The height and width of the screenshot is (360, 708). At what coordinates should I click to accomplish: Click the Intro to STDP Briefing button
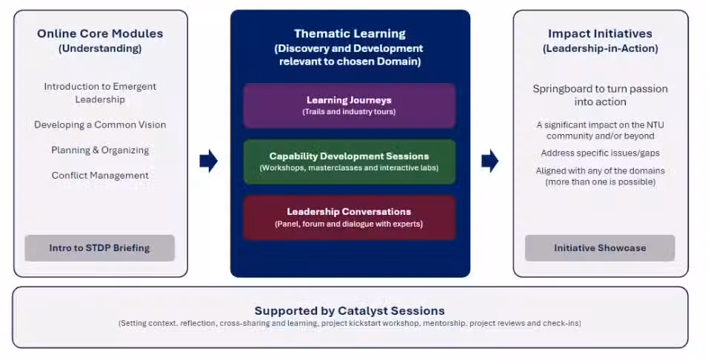pos(100,248)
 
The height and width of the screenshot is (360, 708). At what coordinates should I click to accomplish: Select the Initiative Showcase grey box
pos(600,248)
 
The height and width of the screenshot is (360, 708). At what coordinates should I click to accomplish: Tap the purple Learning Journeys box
pos(349,105)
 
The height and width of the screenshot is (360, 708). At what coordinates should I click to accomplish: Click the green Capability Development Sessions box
pos(349,161)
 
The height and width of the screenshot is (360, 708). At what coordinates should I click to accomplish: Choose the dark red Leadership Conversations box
pos(349,217)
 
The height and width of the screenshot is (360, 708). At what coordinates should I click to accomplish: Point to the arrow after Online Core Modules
pos(209,161)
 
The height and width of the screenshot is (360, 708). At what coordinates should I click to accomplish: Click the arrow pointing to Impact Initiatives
pos(490,161)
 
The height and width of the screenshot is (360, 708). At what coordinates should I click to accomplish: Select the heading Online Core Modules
pos(100,33)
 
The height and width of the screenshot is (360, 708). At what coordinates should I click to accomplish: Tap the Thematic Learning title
pos(350,33)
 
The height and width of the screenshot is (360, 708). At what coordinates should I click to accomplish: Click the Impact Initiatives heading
pos(600,33)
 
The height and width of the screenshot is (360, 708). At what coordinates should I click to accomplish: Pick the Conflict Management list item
pos(100,176)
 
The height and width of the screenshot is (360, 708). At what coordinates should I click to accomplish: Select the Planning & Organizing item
pos(100,150)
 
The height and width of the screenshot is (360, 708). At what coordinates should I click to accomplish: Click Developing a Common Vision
pos(100,124)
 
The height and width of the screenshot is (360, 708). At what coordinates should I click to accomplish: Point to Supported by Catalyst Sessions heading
pos(350,311)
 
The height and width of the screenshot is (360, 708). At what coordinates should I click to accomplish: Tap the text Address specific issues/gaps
pos(600,153)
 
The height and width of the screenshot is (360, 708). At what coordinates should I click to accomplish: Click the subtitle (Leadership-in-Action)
pos(600,48)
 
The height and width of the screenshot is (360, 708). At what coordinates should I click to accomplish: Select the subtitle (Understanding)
pos(100,48)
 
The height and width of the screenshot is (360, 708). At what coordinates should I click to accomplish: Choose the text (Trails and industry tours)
pos(349,112)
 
